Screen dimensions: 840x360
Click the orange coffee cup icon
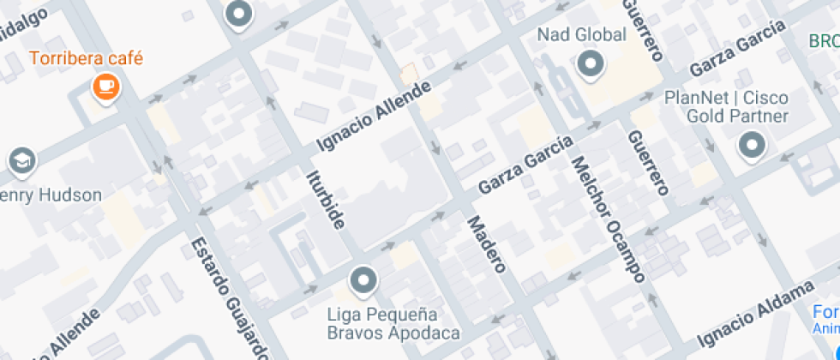pos(105,86)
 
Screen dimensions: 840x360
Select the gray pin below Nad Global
pos(591,64)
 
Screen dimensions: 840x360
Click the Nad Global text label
pos(579,35)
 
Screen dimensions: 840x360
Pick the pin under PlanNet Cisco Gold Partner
pos(753,146)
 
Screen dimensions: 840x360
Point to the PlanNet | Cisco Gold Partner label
pos(727,107)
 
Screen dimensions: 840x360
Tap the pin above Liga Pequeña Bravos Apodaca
pos(364,280)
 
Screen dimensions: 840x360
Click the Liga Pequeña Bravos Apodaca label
pos(393,323)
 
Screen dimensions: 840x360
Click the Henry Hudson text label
pos(51,195)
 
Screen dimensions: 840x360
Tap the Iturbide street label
pos(326,200)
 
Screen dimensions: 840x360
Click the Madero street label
pos(486,244)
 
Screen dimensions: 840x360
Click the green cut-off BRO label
pos(824,41)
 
